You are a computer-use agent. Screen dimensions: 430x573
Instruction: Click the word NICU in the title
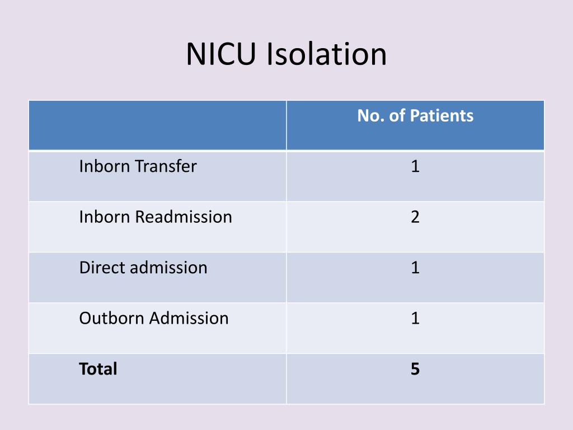coord(222,55)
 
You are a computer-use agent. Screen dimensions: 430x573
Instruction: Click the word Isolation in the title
coord(326,55)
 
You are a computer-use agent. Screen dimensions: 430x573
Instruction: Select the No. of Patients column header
coord(415,116)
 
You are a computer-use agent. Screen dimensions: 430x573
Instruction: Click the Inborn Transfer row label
coord(138,166)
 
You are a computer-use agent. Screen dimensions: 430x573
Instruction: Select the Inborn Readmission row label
coord(156,217)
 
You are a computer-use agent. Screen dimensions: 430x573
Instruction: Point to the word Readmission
coord(184,217)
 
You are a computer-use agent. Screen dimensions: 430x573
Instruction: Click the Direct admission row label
coord(143,268)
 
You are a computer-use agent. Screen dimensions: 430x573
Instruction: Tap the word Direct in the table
coord(102,268)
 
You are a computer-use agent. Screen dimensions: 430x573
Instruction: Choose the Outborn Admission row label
coord(154,318)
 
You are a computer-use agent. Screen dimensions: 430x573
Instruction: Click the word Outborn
coord(111,318)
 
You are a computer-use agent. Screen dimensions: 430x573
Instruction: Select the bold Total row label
coord(98,369)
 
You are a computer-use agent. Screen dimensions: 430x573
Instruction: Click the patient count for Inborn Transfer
coord(415,167)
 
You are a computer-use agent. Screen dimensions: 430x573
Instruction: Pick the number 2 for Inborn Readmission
coord(415,217)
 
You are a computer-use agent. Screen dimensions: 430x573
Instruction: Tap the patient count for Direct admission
coord(415,268)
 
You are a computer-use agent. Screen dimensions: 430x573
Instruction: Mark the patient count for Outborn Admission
coord(415,319)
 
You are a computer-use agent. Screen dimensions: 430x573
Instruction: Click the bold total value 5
coord(415,369)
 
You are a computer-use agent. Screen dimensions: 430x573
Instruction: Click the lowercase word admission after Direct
coord(168,268)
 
